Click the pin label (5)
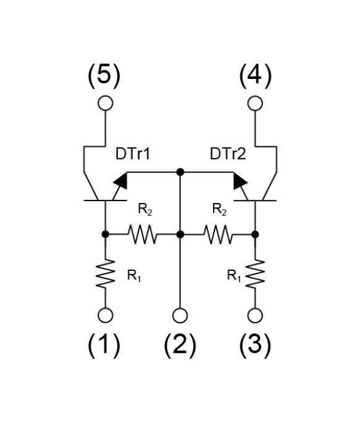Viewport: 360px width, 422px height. tap(104, 76)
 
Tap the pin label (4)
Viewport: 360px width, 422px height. tap(255, 76)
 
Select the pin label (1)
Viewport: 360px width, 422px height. tap(104, 346)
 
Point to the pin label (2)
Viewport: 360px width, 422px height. tap(180, 346)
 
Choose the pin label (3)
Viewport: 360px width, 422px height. tap(255, 346)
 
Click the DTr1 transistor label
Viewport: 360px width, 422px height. tap(133, 154)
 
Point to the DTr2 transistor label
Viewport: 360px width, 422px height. tap(228, 154)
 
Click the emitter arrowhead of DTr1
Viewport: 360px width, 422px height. tap(121, 181)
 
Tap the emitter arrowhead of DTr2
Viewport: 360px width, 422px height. tap(240, 181)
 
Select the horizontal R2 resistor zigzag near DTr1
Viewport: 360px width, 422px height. tap(142, 234)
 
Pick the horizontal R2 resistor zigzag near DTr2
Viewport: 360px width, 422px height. tap(218, 234)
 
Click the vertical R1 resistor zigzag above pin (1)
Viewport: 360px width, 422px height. tap(106, 275)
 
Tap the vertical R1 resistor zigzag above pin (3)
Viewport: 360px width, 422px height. tap(255, 275)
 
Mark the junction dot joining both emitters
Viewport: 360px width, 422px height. tap(180, 172)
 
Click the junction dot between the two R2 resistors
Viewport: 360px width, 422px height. tap(180, 234)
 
